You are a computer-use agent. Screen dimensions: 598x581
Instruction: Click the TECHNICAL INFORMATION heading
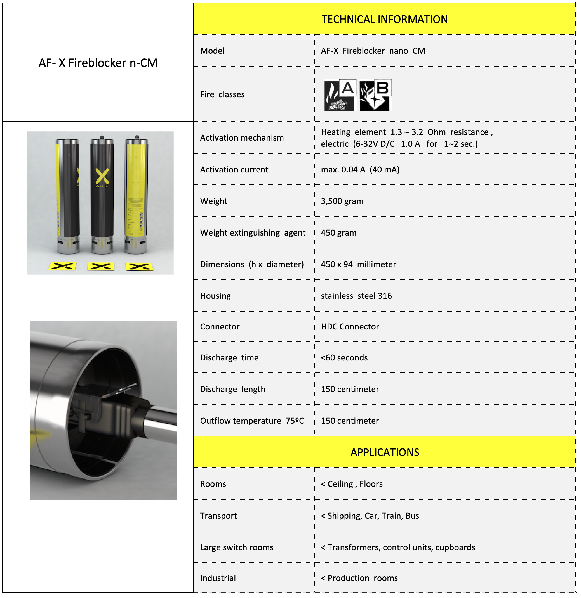(384, 19)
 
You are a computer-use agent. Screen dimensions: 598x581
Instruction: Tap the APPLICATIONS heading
(384, 452)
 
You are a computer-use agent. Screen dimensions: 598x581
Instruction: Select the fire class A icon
(340, 95)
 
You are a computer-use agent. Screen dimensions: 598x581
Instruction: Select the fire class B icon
(375, 95)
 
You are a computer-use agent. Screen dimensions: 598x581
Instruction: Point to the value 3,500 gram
(342, 201)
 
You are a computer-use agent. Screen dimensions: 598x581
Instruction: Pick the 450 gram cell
(338, 233)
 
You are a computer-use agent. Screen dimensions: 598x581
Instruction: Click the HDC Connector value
(350, 326)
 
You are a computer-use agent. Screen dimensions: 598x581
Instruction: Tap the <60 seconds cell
(344, 358)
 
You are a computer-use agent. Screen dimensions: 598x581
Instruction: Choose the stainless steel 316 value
(356, 296)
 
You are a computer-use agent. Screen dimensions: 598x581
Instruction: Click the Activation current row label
(234, 170)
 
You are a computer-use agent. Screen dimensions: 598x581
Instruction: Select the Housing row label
(215, 296)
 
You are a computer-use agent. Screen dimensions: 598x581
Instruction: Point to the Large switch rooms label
(237, 547)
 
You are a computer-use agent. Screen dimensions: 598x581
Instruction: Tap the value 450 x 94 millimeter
(358, 264)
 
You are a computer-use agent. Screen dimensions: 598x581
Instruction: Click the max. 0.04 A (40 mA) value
(360, 170)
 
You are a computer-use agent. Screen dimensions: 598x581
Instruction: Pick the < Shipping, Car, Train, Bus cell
(370, 516)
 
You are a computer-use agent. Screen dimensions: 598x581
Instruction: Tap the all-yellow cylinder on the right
(136, 195)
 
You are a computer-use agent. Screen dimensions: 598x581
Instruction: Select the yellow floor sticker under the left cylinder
(62, 266)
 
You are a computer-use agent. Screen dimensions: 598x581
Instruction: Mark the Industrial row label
(218, 578)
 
